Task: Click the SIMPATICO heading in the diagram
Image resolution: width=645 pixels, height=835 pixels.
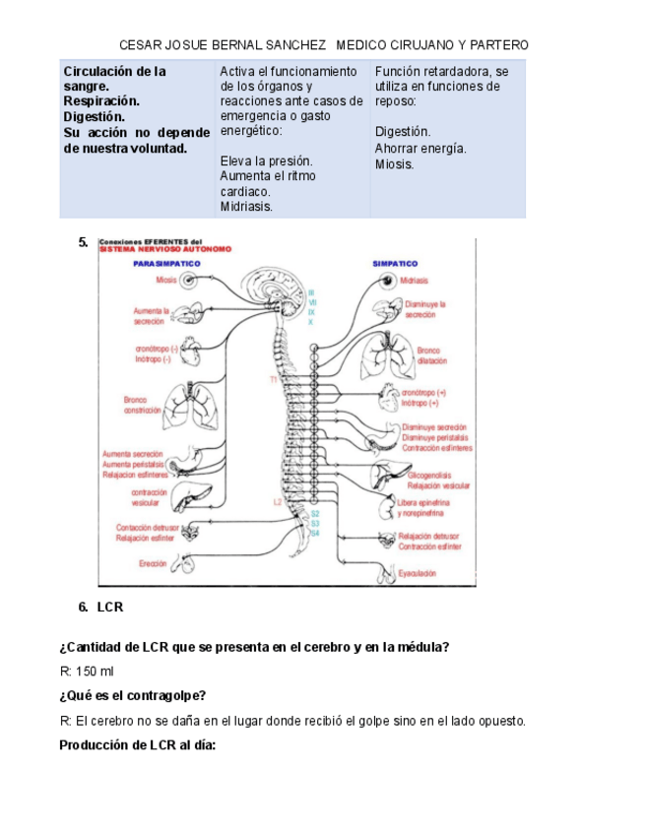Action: [395, 264]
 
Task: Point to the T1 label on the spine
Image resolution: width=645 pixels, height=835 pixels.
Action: [273, 378]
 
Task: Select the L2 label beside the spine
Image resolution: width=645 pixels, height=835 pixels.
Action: [278, 502]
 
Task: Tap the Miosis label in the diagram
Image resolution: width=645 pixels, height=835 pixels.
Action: [165, 281]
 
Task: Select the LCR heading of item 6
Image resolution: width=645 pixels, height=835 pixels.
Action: [110, 607]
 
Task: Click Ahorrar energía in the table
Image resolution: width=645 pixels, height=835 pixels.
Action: [420, 148]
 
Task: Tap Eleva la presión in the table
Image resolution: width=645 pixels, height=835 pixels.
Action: [266, 161]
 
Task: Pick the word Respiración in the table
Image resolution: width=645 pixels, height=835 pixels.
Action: [101, 101]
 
